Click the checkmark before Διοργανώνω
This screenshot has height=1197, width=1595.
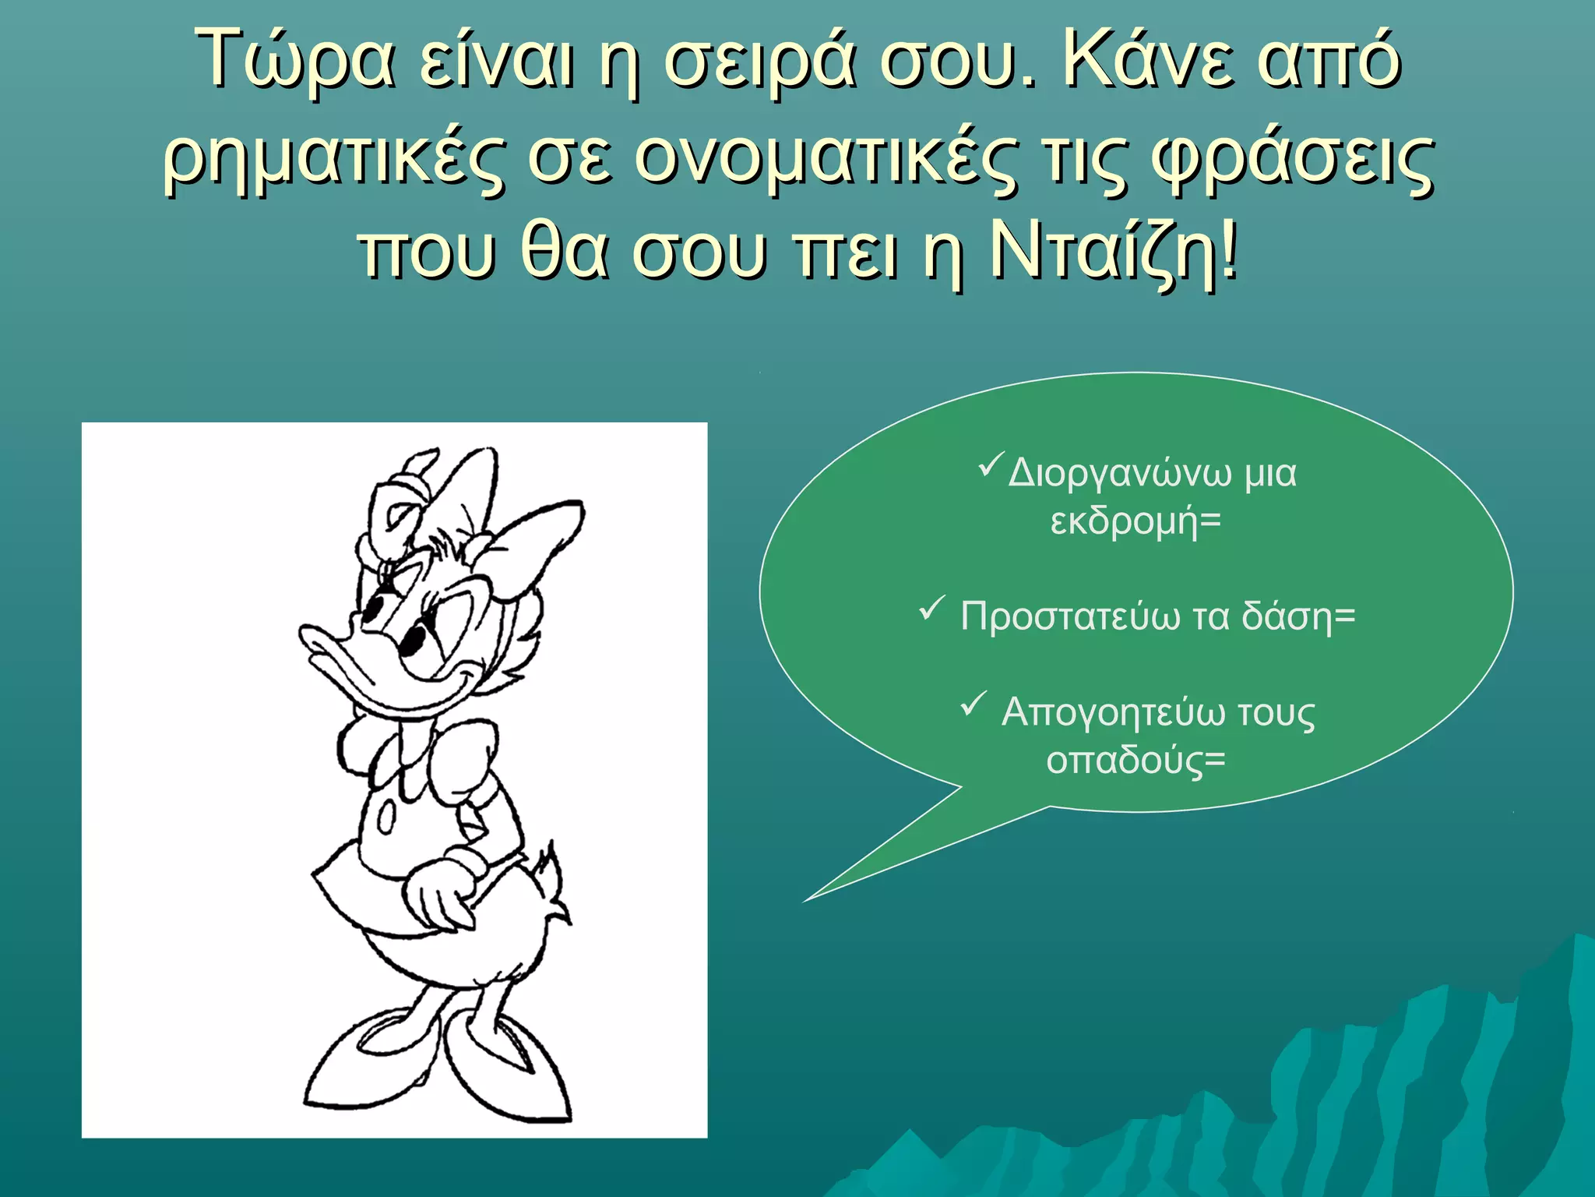click(x=990, y=468)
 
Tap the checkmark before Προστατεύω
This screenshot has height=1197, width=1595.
click(x=932, y=608)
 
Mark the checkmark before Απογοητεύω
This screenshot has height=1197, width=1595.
click(x=974, y=704)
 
